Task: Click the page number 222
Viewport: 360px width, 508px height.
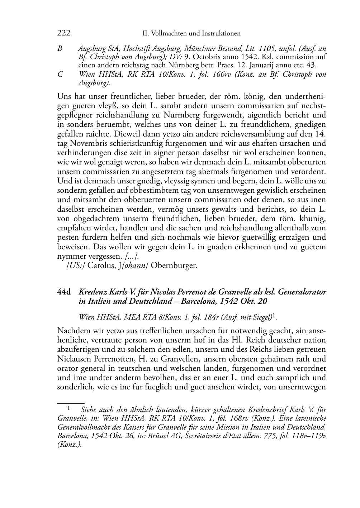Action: coord(63,33)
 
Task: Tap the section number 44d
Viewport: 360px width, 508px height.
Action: coord(64,292)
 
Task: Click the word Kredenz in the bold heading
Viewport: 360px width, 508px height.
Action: coord(93,292)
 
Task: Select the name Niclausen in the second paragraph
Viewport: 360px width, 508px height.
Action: coord(75,359)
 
